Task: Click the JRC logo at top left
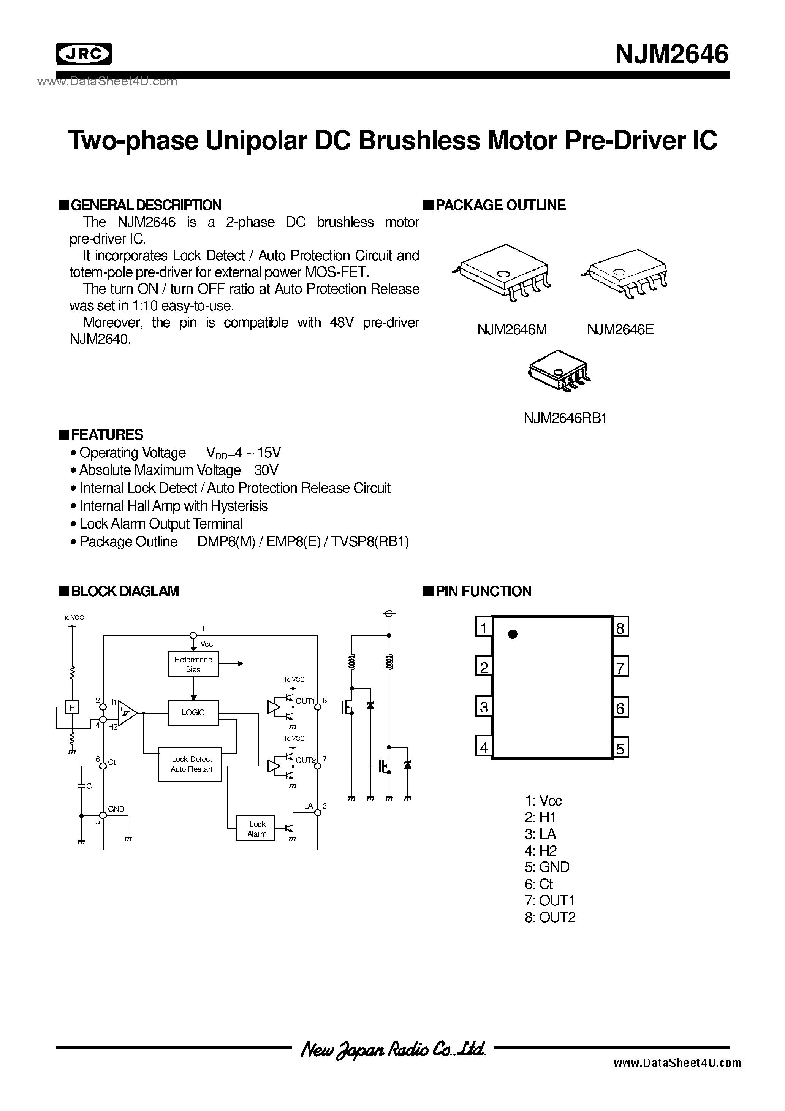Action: (84, 54)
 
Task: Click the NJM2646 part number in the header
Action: (671, 54)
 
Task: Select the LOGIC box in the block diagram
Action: (193, 712)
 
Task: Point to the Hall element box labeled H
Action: (72, 708)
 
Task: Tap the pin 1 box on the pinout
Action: (483, 628)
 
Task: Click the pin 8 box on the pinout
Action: (620, 628)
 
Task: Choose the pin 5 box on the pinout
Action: (620, 749)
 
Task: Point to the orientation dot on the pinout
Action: (513, 634)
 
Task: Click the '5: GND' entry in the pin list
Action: (547, 867)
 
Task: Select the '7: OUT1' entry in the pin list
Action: (550, 900)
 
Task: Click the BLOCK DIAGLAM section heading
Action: (124, 591)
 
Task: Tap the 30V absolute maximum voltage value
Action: (266, 470)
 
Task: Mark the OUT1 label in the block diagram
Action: (305, 701)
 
